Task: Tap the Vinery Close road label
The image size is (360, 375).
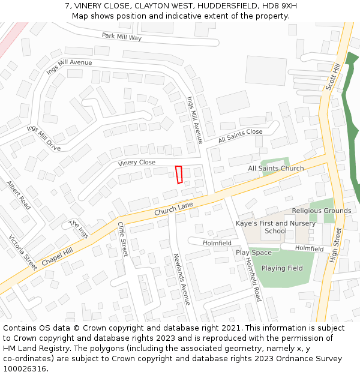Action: click(136, 163)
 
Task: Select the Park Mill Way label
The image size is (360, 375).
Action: click(121, 37)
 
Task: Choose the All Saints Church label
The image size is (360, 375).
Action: click(276, 169)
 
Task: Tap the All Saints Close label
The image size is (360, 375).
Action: click(240, 136)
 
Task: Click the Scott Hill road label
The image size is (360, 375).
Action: click(332, 77)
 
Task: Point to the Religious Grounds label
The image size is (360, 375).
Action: click(322, 211)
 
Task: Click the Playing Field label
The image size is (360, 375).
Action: click(282, 268)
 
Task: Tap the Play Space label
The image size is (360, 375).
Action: click(253, 253)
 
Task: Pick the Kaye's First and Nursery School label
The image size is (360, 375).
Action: click(275, 227)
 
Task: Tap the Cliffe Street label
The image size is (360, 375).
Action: click(122, 239)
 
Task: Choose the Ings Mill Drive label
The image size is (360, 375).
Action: click(43, 139)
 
